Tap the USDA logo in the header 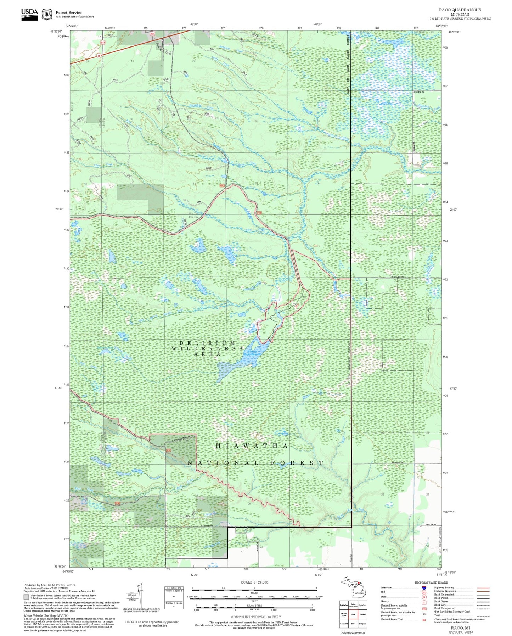tap(29, 13)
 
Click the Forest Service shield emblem tap(47, 15)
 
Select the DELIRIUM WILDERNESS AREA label tap(207, 348)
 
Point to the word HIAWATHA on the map tap(252, 446)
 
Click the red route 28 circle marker tap(99, 56)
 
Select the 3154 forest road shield tap(103, 43)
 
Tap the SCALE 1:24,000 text tap(254, 582)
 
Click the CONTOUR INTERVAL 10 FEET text tap(255, 617)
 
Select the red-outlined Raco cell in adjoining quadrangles tap(353, 614)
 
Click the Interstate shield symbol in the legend tap(424, 588)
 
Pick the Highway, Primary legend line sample tap(483, 588)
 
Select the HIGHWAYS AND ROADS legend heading tap(431, 582)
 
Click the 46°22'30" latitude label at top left tap(56, 32)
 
